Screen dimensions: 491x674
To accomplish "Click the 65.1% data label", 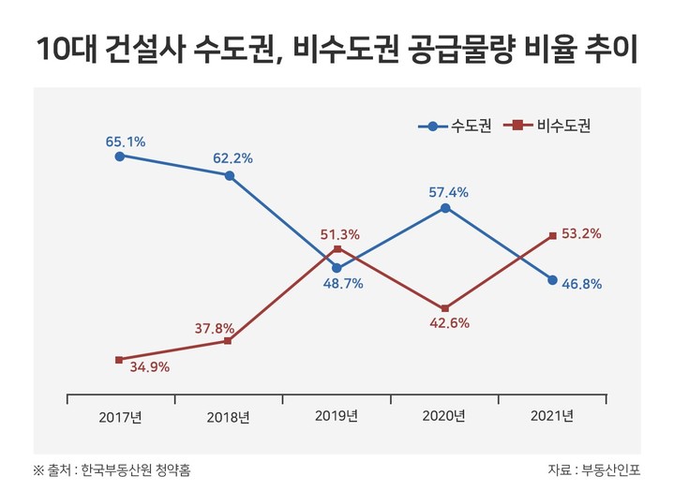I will pos(125,141).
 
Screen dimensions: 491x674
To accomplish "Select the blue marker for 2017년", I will pos(119,156).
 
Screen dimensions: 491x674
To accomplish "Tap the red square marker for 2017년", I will pos(119,360).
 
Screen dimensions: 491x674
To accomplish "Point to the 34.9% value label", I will pos(150,367).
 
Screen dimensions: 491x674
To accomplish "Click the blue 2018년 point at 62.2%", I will pos(229,175).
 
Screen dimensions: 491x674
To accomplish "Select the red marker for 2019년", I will pos(337,247).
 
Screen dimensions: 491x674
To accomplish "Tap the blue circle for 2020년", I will pos(445,207).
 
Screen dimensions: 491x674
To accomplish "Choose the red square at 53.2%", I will pos(553,234).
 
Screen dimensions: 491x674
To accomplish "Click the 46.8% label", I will pos(582,283).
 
